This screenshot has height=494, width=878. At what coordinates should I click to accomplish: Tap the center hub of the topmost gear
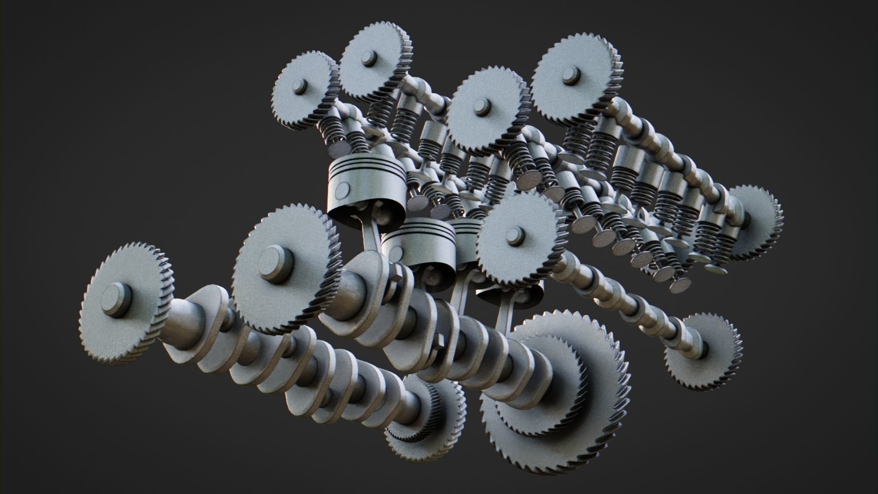(x=368, y=58)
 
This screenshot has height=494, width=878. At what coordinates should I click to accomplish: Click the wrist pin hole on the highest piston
(x=344, y=189)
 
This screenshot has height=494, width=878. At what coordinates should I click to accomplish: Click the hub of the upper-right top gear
(x=569, y=75)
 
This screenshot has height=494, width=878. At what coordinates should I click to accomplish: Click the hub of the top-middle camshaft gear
(x=482, y=106)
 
